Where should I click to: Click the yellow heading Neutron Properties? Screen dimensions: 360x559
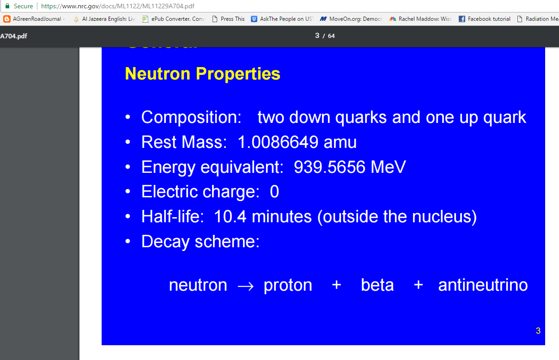(x=202, y=74)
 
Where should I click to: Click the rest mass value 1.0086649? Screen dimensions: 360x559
(x=278, y=142)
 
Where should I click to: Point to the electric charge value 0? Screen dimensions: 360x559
(x=274, y=192)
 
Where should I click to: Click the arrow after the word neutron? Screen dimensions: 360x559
(x=245, y=286)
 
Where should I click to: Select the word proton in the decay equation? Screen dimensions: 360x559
(x=288, y=285)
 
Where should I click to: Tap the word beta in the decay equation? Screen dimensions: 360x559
(x=377, y=285)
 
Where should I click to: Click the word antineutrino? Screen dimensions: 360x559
(x=483, y=285)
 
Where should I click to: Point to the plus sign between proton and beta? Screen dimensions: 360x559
(x=336, y=285)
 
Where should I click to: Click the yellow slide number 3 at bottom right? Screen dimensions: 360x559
(x=538, y=330)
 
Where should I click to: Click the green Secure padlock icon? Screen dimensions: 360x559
(x=7, y=6)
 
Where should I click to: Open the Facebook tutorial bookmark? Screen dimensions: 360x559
(x=485, y=19)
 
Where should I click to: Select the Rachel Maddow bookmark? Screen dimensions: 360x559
(x=421, y=19)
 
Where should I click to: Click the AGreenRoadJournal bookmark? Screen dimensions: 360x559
(x=35, y=19)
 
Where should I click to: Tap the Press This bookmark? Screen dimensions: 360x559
(x=229, y=19)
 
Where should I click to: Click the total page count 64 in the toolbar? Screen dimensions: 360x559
(x=331, y=36)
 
